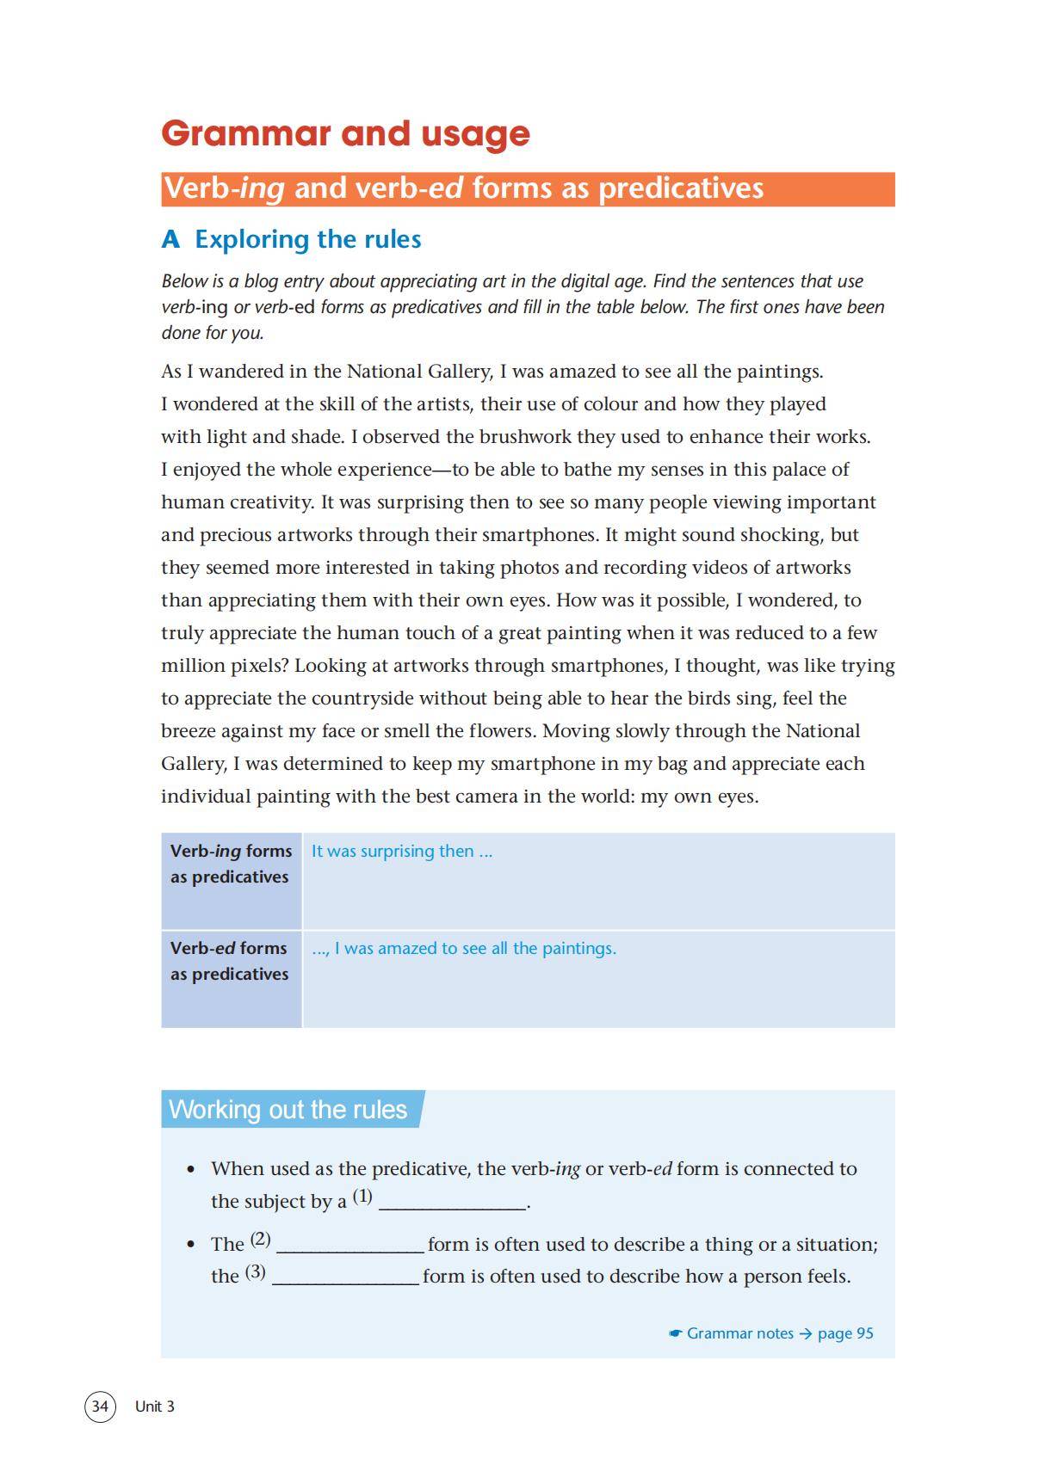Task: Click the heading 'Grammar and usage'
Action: [x=345, y=133]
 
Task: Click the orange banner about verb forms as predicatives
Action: [x=527, y=188]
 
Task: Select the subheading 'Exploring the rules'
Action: [x=291, y=239]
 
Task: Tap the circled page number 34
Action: [x=100, y=1406]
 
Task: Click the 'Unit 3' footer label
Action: [x=155, y=1406]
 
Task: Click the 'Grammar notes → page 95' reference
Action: [x=772, y=1332]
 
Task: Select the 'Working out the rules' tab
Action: [x=288, y=1109]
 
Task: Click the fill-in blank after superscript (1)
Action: [x=453, y=1203]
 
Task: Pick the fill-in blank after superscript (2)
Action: [x=350, y=1245]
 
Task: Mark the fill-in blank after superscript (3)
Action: [x=346, y=1277]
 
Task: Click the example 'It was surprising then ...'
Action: [x=402, y=851]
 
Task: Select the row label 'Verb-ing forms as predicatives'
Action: [x=231, y=864]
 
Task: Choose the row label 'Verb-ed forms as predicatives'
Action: [x=229, y=961]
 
